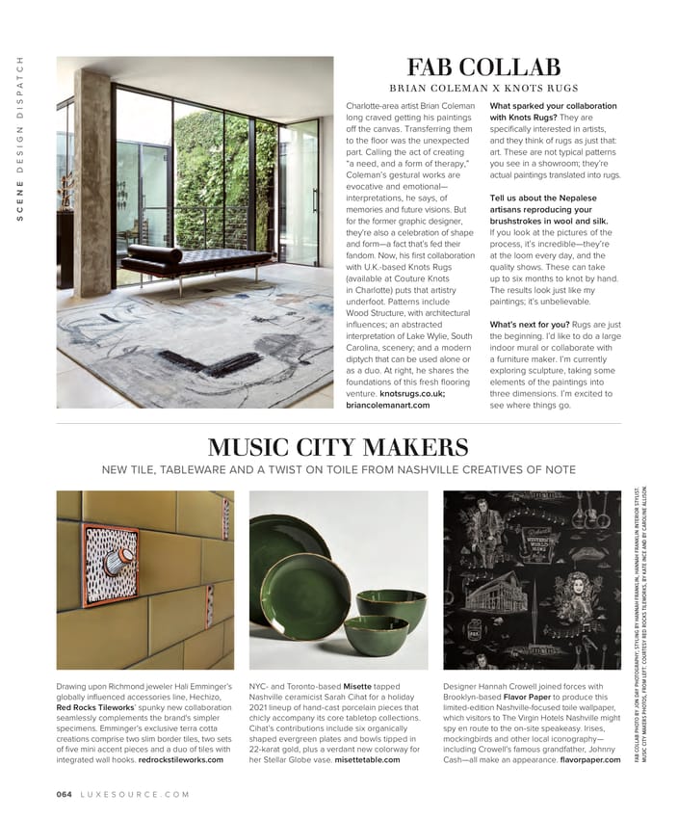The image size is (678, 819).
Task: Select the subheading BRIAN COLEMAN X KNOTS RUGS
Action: pos(482,88)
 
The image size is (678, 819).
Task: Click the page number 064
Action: pos(65,794)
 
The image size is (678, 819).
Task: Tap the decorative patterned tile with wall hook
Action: pos(109,564)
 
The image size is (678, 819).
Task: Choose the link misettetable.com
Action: pos(367,759)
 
